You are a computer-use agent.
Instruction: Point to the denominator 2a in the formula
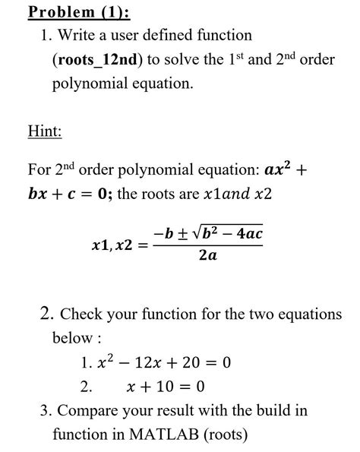pos(207,257)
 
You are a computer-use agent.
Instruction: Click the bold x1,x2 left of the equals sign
pos(112,245)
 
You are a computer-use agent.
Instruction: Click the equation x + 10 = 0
pos(166,387)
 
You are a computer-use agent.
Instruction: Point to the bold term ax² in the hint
pos(279,167)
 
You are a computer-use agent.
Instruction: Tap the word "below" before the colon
pos(71,337)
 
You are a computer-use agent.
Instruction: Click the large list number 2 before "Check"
pos(44,313)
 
